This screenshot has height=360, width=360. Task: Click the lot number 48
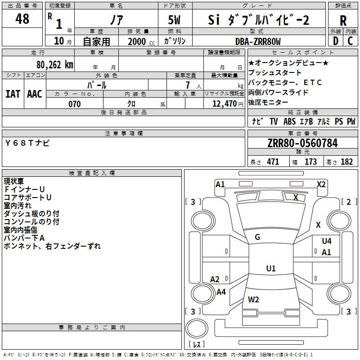[22, 19]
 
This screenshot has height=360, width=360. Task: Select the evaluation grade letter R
[343, 20]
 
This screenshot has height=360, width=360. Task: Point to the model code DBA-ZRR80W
[258, 41]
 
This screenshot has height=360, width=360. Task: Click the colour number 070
[74, 104]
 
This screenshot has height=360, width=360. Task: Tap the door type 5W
[175, 20]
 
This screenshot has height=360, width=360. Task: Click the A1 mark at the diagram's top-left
[220, 184]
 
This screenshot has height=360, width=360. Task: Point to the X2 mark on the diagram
[321, 184]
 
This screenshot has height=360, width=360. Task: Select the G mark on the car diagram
[257, 237]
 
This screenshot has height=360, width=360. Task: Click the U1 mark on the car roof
[270, 269]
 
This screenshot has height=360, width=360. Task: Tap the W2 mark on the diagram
[253, 300]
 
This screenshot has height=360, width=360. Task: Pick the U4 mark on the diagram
[327, 241]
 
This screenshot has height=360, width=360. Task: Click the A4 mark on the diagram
[221, 292]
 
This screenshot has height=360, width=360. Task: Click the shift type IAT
[13, 94]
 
